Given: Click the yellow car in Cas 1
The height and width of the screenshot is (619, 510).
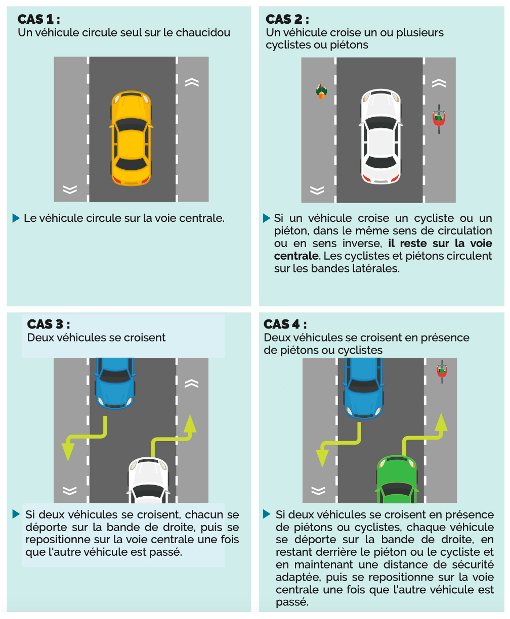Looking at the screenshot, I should [x=131, y=138].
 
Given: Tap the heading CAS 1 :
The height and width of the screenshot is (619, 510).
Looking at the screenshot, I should [x=38, y=20].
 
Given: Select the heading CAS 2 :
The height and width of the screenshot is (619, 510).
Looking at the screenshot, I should [x=287, y=20].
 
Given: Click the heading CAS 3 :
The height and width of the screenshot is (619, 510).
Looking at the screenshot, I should [x=49, y=324].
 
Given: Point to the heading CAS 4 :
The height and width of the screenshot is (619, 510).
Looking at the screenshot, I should [x=285, y=324].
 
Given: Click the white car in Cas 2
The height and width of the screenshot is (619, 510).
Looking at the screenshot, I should [x=380, y=137].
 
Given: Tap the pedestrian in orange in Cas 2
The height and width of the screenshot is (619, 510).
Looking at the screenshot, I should [x=321, y=91].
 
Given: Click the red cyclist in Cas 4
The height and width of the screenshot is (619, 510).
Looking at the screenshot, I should [x=442, y=370].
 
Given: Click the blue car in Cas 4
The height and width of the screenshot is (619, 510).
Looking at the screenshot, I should [x=363, y=388].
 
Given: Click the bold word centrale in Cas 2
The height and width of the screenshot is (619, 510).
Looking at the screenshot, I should [x=296, y=256].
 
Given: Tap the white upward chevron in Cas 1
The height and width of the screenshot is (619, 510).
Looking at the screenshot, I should [x=192, y=82].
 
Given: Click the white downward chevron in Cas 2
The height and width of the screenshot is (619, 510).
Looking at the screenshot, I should [x=317, y=190].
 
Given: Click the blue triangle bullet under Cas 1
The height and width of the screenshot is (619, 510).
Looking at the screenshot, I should [x=16, y=218].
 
